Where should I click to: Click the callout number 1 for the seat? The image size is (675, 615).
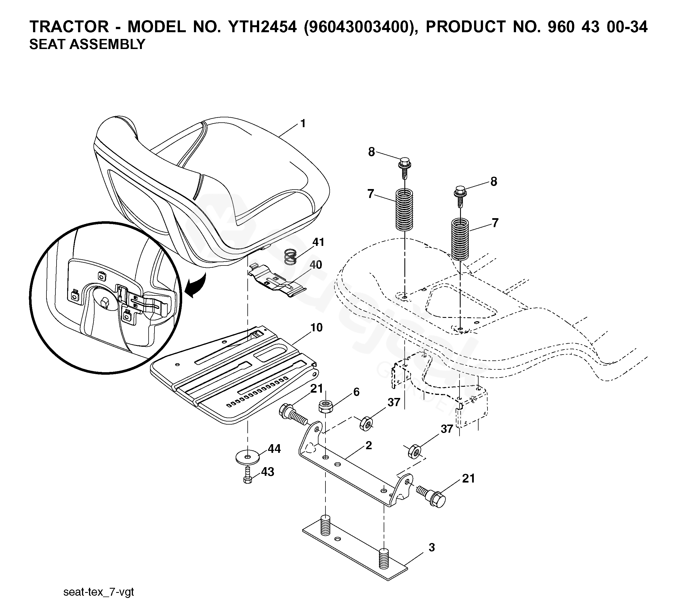(303, 124)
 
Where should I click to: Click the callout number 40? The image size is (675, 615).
(315, 265)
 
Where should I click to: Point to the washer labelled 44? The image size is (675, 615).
(247, 458)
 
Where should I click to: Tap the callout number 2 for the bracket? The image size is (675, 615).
(369, 445)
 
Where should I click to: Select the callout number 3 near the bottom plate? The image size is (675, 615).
(432, 548)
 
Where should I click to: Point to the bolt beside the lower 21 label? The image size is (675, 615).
(432, 496)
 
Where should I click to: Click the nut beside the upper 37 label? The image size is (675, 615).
(366, 424)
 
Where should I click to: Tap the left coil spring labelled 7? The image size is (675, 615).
(404, 209)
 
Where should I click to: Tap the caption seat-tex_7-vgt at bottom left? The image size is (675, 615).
(99, 592)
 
